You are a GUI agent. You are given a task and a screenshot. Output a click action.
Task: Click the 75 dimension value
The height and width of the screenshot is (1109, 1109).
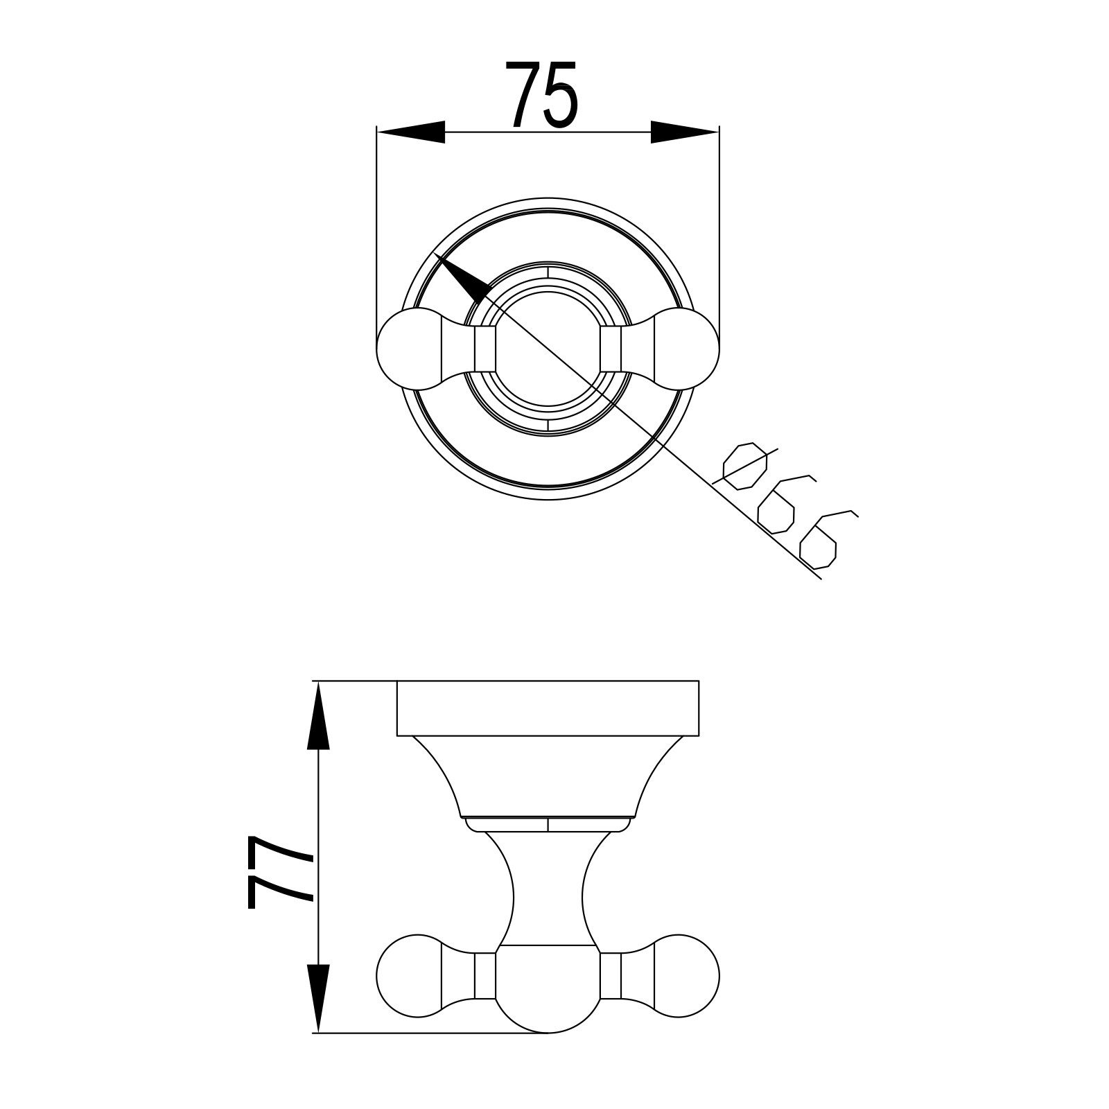(x=542, y=96)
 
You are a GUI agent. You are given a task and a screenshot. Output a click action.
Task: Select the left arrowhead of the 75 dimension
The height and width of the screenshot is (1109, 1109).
(x=410, y=132)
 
